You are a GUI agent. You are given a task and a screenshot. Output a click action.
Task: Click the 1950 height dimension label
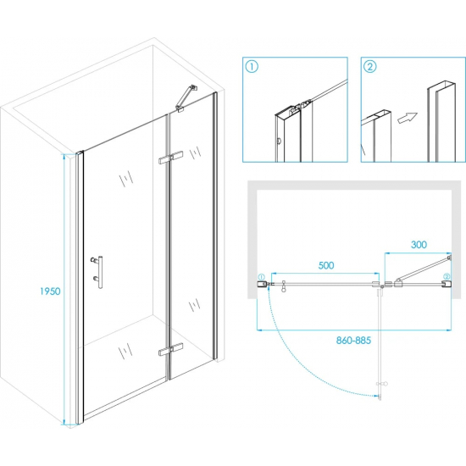tap(50, 291)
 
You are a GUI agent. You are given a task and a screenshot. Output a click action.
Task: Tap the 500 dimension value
tap(326, 265)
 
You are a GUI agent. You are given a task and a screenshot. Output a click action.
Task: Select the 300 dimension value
tap(419, 245)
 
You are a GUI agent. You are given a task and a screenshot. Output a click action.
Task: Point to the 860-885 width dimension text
tap(353, 340)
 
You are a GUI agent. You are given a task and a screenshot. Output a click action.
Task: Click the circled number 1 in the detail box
tap(252, 67)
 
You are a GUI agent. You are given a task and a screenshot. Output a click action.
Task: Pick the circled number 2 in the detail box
tap(370, 67)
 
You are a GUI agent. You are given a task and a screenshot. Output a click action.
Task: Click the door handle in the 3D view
tap(97, 272)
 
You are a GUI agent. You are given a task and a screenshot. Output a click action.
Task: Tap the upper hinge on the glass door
tap(170, 157)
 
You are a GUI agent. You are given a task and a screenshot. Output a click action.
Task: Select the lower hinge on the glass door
tap(170, 349)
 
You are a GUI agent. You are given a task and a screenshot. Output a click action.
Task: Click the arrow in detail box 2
tap(408, 118)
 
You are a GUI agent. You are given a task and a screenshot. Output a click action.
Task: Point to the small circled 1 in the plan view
tap(261, 277)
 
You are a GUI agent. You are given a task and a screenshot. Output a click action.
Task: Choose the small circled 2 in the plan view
tap(447, 277)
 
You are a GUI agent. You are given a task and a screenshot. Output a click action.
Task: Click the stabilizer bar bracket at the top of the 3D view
tap(186, 98)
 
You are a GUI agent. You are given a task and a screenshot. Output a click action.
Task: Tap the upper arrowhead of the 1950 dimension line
tap(64, 156)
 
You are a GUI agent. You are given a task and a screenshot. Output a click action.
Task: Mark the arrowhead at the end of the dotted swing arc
tap(379, 396)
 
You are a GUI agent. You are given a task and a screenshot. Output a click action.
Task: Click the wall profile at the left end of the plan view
tap(261, 284)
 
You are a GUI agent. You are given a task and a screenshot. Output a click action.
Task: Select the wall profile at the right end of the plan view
tap(447, 284)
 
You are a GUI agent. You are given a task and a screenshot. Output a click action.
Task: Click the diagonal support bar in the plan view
tap(423, 269)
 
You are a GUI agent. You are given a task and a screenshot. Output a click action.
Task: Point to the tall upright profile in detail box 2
tap(441, 121)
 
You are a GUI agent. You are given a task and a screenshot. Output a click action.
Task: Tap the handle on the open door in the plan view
tap(382, 384)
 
